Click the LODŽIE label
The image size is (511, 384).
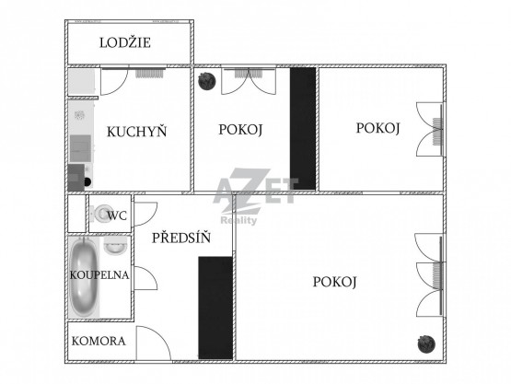click(125, 42)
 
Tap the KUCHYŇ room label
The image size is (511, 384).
click(137, 132)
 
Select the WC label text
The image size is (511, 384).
click(117, 215)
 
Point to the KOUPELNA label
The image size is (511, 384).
click(99, 275)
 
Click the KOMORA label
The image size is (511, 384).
click(99, 341)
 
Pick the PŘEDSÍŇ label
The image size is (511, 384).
click(181, 238)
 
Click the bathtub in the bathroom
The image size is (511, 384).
click(84, 277)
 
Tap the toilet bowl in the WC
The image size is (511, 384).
click(101, 214)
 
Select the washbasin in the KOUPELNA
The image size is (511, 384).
click(115, 246)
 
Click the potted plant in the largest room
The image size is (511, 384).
click(426, 343)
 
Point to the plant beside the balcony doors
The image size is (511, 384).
click(207, 81)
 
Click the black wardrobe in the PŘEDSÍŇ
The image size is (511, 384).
click(215, 308)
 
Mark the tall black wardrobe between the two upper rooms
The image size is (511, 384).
click(303, 128)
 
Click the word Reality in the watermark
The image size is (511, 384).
click(238, 221)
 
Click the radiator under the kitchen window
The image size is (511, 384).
click(149, 73)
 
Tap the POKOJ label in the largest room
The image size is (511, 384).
click(334, 282)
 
